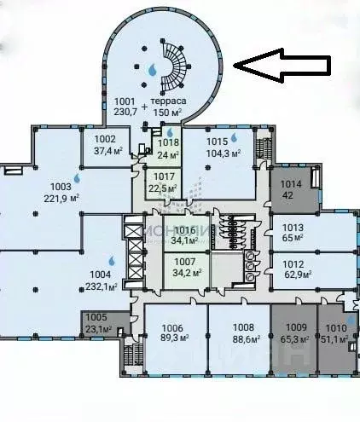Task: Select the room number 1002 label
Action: [x=105, y=139]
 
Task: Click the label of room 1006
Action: [x=172, y=327]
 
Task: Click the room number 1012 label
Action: [x=293, y=263]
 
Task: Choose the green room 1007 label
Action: [x=185, y=263]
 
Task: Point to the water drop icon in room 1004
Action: [x=112, y=262]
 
